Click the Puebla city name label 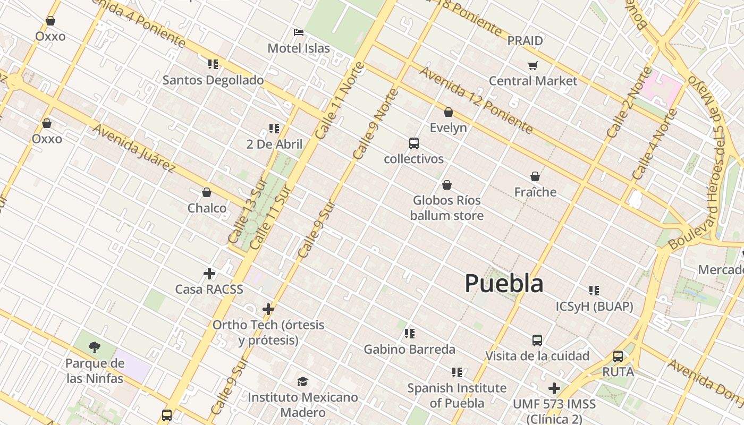tap(504, 283)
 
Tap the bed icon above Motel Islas tap(299, 32)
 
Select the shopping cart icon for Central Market tap(532, 65)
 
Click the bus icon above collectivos tap(413, 143)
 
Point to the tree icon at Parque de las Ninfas tap(95, 347)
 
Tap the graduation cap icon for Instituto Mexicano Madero tap(302, 381)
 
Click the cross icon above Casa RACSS tap(209, 274)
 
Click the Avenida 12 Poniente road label tap(476, 100)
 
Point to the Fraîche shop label tap(535, 192)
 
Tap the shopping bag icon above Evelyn tap(448, 112)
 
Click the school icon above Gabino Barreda tap(409, 334)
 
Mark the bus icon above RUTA tap(618, 356)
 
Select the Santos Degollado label tap(213, 80)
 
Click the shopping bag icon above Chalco tap(207, 192)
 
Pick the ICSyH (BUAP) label tap(594, 307)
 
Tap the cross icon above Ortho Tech tap(268, 309)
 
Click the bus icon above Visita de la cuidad tap(537, 340)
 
